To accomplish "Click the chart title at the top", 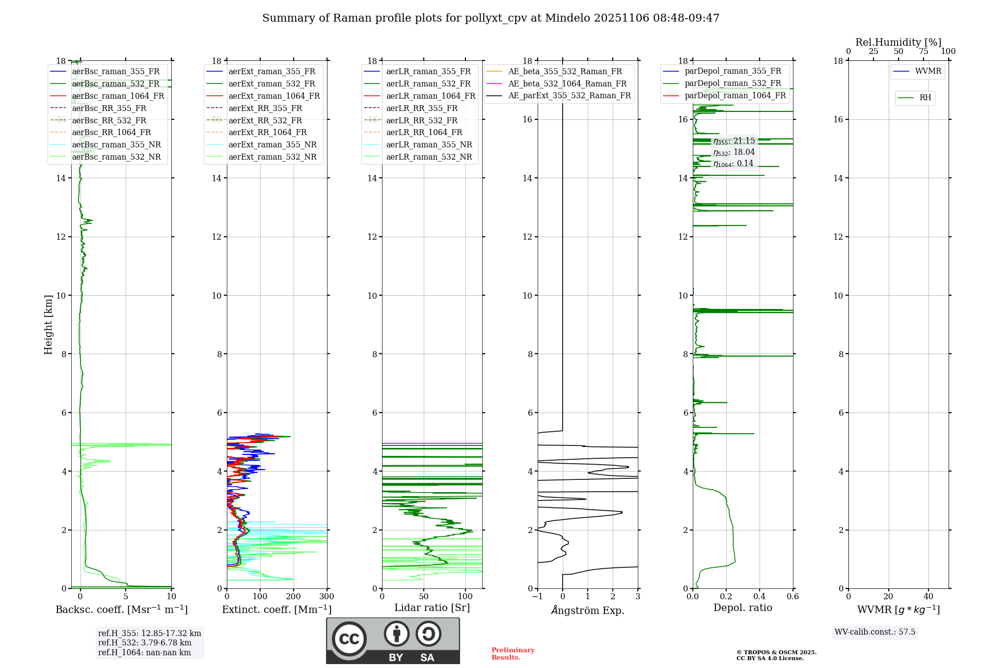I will pyautogui.click(x=491, y=18).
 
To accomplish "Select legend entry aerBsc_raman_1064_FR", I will pyautogui.click(x=118, y=96).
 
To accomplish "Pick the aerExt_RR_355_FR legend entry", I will pyautogui.click(x=265, y=108).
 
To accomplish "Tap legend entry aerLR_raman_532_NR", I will pyautogui.click(x=429, y=157).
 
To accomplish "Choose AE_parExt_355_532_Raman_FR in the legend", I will pyautogui.click(x=569, y=95).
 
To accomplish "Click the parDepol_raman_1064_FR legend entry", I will pyautogui.click(x=735, y=95).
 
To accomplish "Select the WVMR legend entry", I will pyautogui.click(x=928, y=71).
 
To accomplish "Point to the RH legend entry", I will pyautogui.click(x=925, y=98).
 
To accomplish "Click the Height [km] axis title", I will pyautogui.click(x=48, y=325).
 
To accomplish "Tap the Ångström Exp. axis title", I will pyautogui.click(x=588, y=610).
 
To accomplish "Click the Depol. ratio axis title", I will pyautogui.click(x=742, y=608).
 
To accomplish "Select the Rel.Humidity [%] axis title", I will pyautogui.click(x=898, y=42).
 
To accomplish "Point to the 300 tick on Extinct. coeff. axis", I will pyautogui.click(x=327, y=597).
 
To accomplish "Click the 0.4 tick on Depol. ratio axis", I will pyautogui.click(x=759, y=597).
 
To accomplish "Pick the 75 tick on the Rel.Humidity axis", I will pyautogui.click(x=923, y=52).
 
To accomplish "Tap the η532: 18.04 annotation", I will pyautogui.click(x=734, y=152).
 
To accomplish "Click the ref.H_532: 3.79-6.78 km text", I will pyautogui.click(x=144, y=642).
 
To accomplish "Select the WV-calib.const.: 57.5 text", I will pyautogui.click(x=874, y=632).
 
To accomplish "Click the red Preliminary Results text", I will pyautogui.click(x=513, y=653).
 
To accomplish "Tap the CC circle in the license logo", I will pyautogui.click(x=349, y=639).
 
